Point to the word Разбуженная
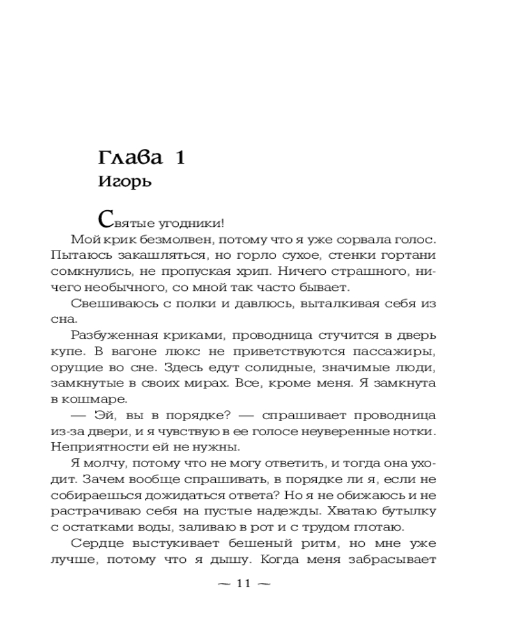pyautogui.click(x=115, y=335)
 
